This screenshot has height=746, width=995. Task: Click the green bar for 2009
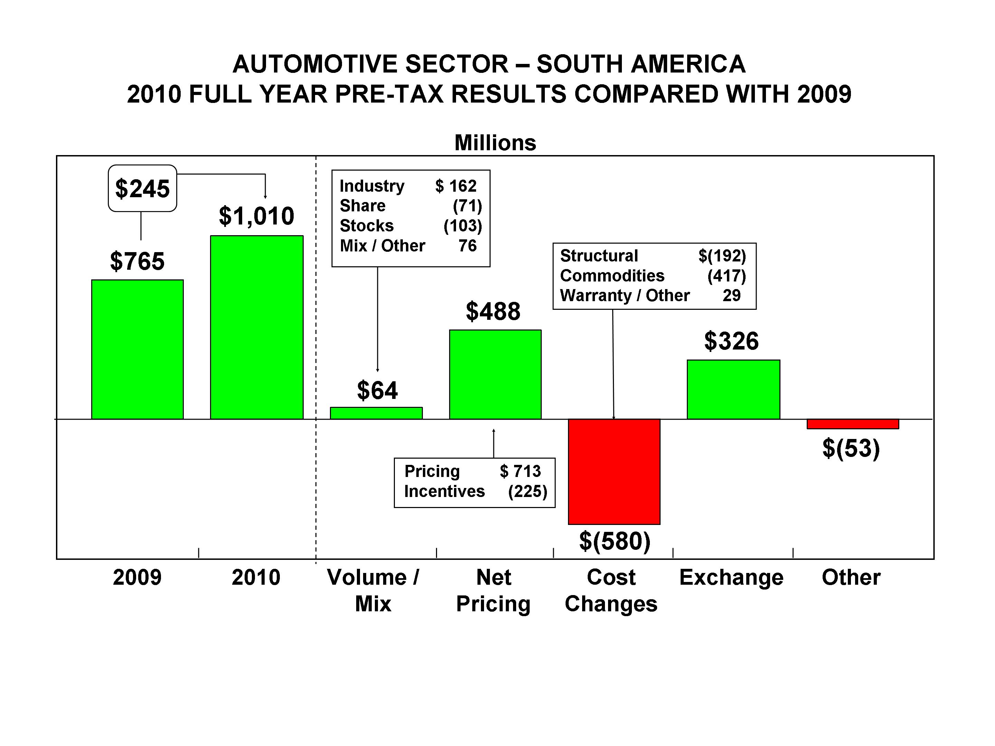137,350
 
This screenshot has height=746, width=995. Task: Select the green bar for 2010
256,327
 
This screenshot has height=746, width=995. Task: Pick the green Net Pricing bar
495,375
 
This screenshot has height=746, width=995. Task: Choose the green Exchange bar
733,390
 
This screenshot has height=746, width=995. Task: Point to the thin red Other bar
852,423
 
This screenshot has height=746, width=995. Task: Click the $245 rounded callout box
142,189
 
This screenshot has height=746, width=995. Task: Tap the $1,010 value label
256,216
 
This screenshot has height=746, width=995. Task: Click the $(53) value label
851,448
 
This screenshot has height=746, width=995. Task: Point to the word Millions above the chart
495,143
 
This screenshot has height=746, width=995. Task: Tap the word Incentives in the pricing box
444,491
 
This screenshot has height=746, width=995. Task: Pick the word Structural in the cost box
599,256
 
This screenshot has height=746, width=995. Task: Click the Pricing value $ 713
520,471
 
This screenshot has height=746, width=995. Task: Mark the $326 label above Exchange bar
731,341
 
